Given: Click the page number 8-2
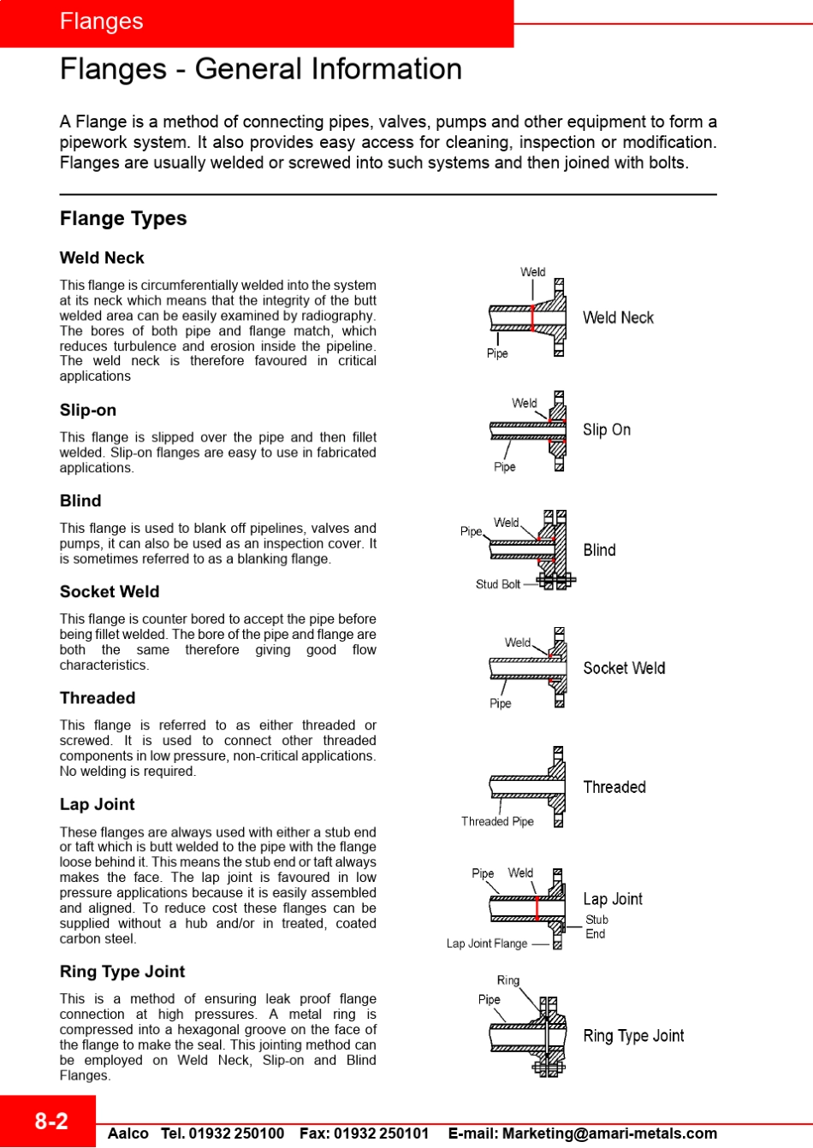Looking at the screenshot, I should [x=50, y=1121].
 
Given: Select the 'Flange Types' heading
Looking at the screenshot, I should [x=123, y=219].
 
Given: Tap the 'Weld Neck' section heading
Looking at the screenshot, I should [x=102, y=258].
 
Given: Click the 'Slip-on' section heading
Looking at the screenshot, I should [x=88, y=411].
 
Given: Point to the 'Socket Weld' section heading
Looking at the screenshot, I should [x=110, y=592].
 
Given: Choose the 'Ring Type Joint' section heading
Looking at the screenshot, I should [x=122, y=972].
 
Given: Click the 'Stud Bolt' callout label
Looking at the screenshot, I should [x=498, y=584].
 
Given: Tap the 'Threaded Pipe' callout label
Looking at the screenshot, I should [x=497, y=821].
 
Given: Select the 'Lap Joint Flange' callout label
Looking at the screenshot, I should [x=487, y=944].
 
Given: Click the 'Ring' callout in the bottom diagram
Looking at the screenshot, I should [x=508, y=980].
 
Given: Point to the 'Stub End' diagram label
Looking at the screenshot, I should [x=596, y=927].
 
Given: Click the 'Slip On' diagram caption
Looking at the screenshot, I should [x=607, y=430].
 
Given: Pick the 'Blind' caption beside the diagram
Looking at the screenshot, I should [x=599, y=550].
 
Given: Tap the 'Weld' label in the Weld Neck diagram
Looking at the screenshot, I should [x=532, y=272].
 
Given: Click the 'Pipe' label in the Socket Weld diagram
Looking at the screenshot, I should [x=500, y=703].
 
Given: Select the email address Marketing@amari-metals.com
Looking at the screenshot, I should [x=609, y=1133].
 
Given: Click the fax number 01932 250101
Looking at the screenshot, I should [x=381, y=1133].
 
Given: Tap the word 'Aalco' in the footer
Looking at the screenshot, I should [x=128, y=1133].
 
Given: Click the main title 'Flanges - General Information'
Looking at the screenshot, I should [x=261, y=69].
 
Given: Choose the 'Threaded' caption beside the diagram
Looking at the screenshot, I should [x=614, y=787].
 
